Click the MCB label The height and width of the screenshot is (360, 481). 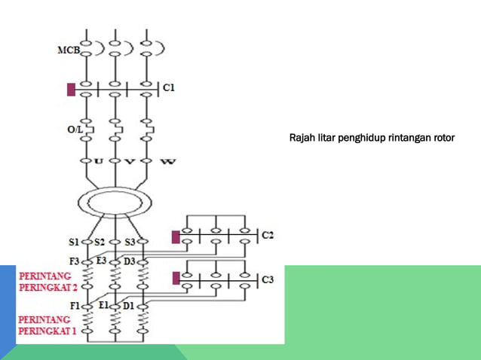(x=68, y=50)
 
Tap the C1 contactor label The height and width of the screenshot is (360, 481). (x=169, y=88)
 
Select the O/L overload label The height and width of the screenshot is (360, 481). (x=74, y=130)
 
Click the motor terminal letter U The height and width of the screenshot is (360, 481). (x=98, y=161)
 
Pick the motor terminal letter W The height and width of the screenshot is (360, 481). (x=164, y=161)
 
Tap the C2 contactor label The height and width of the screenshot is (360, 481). (x=268, y=236)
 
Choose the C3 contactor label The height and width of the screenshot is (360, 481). (x=268, y=280)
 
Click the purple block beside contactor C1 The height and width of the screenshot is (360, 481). (x=71, y=90)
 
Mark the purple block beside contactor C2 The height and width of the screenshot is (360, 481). (x=176, y=237)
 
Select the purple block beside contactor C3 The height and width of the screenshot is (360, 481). (x=176, y=279)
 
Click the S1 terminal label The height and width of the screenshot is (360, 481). (x=75, y=242)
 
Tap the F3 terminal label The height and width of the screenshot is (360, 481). (x=74, y=261)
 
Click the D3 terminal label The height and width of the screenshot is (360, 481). (x=129, y=261)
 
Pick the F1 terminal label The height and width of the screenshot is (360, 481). (x=74, y=306)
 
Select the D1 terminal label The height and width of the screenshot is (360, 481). (x=128, y=306)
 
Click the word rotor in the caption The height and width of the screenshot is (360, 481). (x=442, y=139)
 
